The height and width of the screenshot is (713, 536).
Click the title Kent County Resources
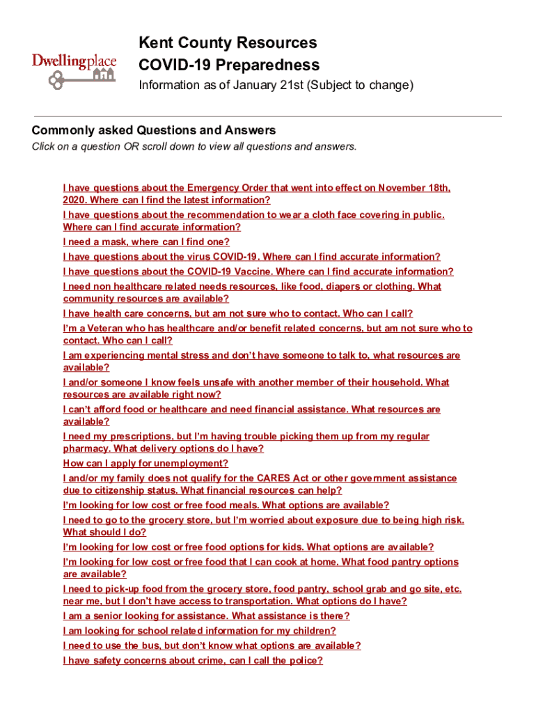click(x=228, y=43)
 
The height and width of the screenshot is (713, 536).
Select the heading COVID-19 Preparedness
click(x=229, y=65)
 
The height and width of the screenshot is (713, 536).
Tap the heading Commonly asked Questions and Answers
click(x=154, y=130)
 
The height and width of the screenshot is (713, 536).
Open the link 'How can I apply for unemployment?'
click(x=145, y=464)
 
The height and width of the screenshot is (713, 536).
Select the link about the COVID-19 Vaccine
click(x=258, y=272)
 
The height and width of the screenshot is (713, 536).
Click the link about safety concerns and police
click(x=193, y=661)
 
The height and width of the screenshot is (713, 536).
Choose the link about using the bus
click(x=212, y=646)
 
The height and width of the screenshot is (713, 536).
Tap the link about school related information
click(x=199, y=631)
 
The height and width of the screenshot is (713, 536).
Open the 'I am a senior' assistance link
click(x=206, y=616)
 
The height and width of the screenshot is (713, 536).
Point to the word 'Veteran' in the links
click(x=106, y=329)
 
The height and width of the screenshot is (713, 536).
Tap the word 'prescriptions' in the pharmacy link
click(x=128, y=437)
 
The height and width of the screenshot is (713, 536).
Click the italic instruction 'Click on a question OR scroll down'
click(x=194, y=147)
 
